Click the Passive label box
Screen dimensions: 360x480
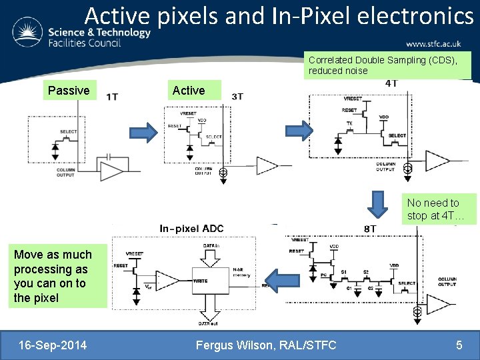[x=69, y=90]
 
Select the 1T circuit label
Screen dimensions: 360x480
[x=112, y=97]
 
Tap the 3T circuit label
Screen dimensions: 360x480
[x=237, y=97]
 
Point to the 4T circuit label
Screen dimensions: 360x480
[x=391, y=83]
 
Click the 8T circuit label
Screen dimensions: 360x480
[x=371, y=229]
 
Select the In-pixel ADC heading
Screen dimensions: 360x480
[x=191, y=229]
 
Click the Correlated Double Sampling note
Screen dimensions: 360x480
[x=387, y=65]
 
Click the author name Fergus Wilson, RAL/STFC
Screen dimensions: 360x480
[x=266, y=345]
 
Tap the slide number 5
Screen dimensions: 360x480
[x=459, y=345]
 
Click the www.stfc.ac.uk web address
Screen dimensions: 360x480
[x=433, y=44]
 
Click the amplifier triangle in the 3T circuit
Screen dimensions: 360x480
[x=267, y=165]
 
